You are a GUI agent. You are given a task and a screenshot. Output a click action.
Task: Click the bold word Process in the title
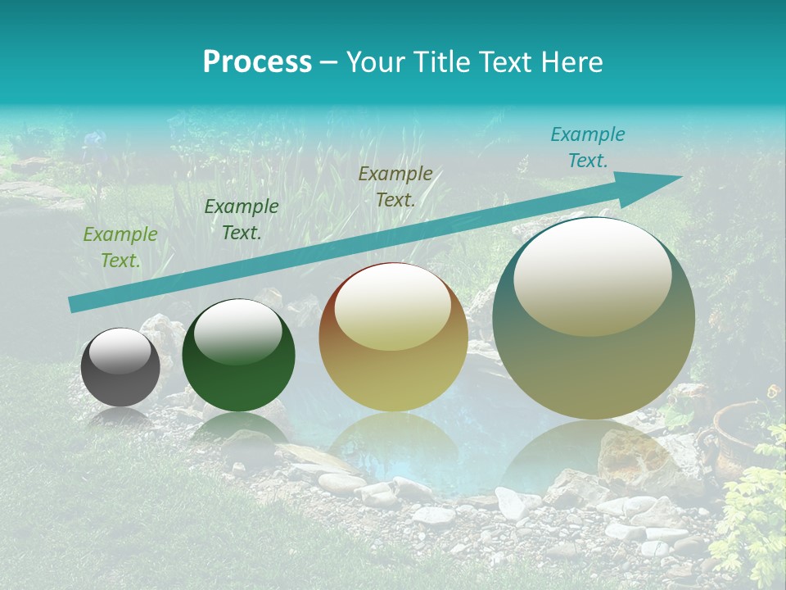point(257,61)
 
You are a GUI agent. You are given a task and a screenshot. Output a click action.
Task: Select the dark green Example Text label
point(242,220)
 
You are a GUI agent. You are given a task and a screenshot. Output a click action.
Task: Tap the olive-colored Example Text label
point(395,186)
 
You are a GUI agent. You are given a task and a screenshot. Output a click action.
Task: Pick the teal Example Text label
point(588,147)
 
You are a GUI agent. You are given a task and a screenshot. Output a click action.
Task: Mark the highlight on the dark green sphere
point(237,328)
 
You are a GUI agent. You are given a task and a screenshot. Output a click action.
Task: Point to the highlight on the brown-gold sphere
point(393,307)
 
